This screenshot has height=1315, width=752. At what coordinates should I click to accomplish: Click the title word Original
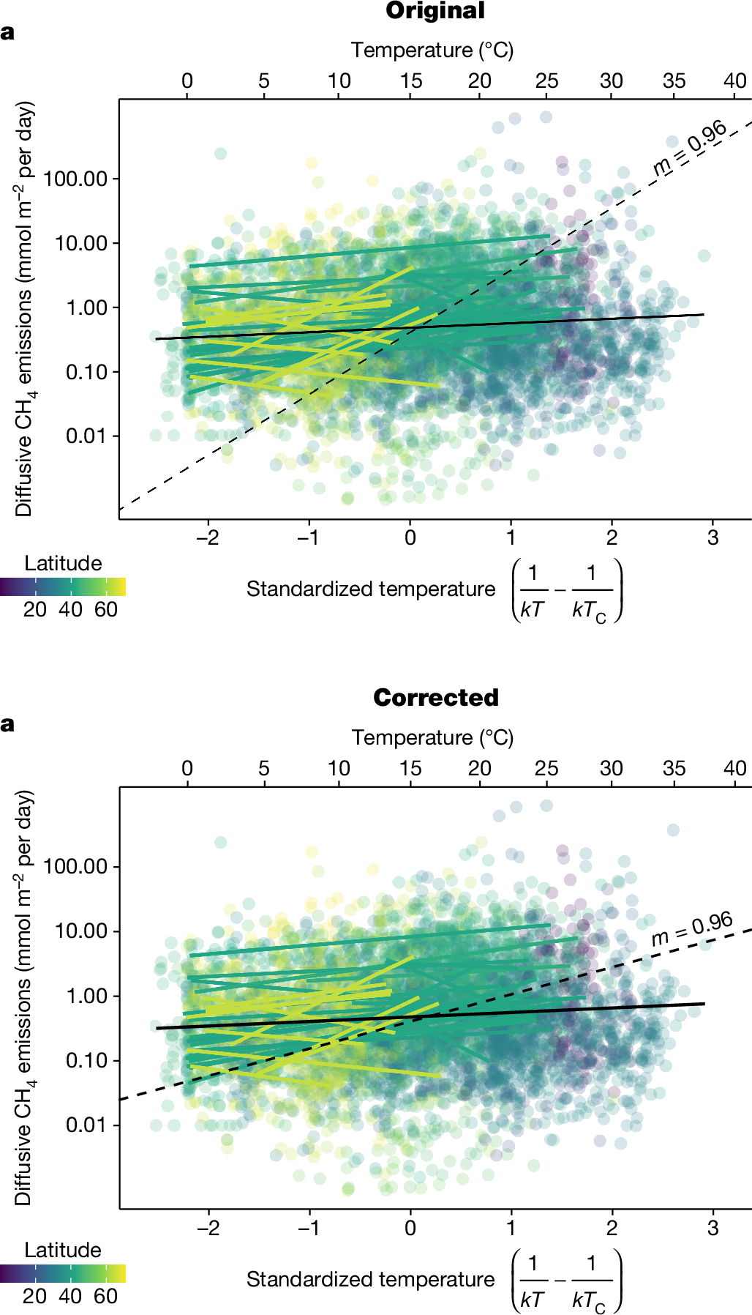pos(435,11)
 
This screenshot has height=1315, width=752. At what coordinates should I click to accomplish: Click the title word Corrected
pos(436,697)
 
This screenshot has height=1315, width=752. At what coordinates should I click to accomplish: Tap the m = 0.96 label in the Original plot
pos(690,149)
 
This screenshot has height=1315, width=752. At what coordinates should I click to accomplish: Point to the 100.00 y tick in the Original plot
pos(75,179)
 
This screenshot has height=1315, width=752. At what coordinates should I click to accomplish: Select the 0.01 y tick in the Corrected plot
pos(86,1124)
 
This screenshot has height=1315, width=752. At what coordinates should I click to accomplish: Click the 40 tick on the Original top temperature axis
pos(735,81)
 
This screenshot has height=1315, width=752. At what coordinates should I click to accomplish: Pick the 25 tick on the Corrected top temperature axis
pos(546,768)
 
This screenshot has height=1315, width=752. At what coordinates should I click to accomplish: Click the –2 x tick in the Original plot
pos(208,538)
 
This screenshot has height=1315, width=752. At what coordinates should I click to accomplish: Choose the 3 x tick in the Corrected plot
pos(712,1228)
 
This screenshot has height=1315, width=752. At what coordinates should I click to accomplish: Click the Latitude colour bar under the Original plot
pos(63,586)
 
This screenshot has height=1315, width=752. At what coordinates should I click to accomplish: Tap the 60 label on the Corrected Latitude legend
pos(105,1296)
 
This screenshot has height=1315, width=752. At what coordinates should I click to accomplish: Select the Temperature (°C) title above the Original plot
pos(432,50)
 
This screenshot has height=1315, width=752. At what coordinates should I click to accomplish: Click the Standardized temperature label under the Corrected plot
pos(370,1279)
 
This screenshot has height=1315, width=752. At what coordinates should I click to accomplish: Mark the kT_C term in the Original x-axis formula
pos(589,610)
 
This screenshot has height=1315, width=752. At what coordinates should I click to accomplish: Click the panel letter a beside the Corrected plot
pos(7,723)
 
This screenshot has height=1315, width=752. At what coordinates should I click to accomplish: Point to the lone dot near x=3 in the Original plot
pos(704,256)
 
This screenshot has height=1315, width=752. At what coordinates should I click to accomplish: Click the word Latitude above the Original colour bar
pos(63,563)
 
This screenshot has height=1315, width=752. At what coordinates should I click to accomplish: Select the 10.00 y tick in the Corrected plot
pos(81,931)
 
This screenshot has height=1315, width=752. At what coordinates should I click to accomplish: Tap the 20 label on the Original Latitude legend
pos(34,609)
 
